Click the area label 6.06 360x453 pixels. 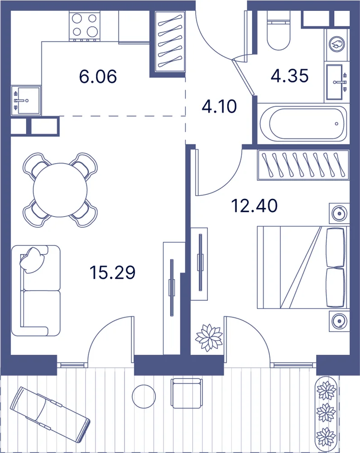(x=98, y=77)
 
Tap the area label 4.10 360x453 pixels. (x=220, y=106)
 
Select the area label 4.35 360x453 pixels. (x=289, y=76)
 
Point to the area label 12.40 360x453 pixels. (x=254, y=206)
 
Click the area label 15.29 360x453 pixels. (x=112, y=272)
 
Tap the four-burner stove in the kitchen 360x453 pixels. (x=84, y=26)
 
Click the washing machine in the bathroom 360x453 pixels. (x=337, y=45)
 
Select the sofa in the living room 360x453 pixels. (x=36, y=290)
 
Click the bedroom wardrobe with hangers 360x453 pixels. (x=303, y=165)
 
